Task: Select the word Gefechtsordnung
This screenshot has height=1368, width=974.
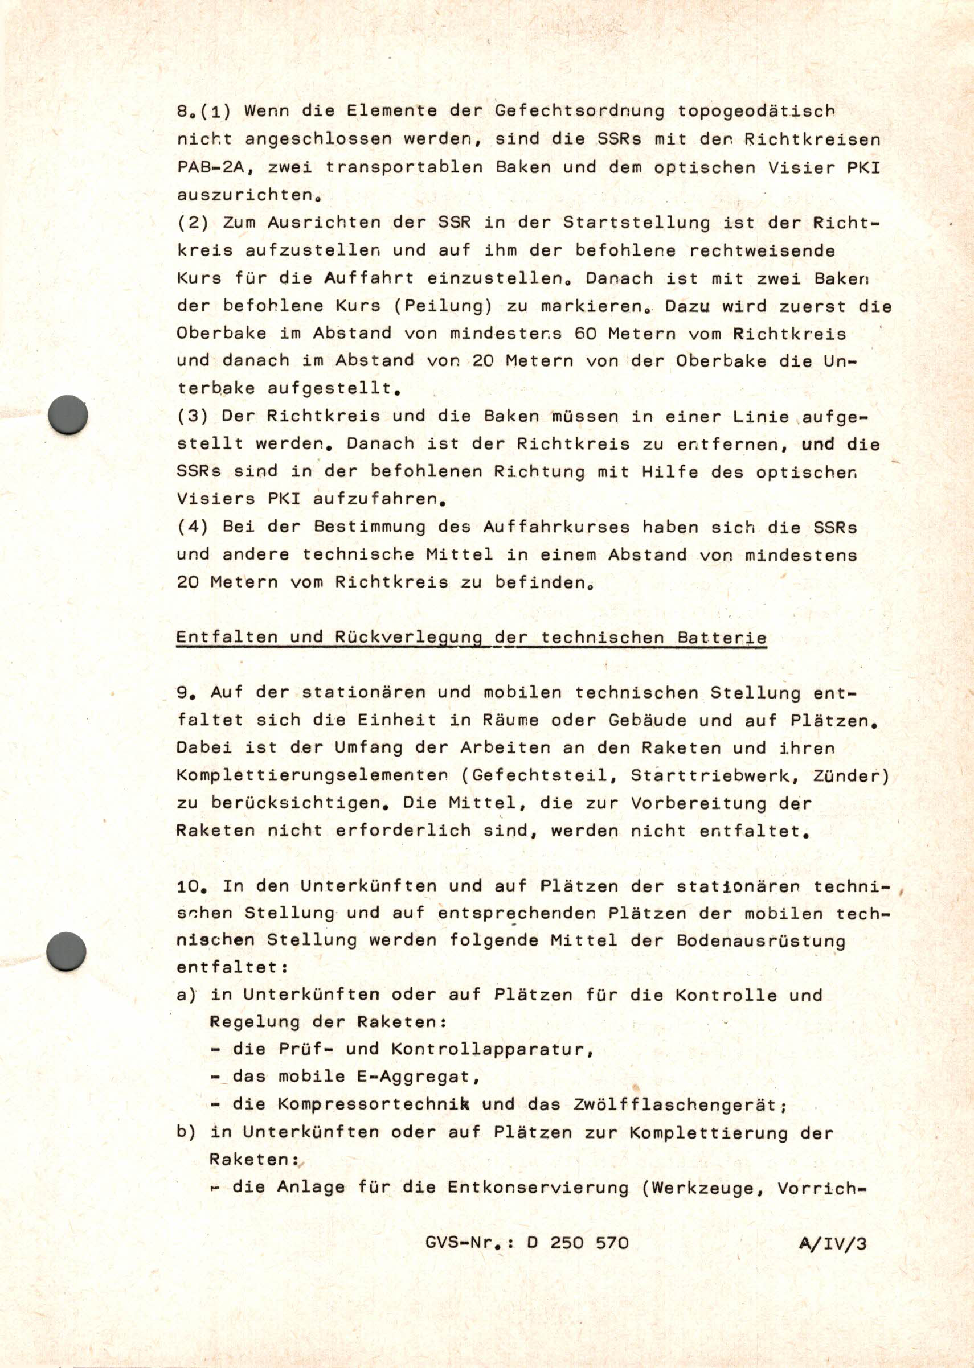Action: click(580, 112)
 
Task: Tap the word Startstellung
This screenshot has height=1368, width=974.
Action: click(636, 223)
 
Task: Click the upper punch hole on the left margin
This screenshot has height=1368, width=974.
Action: click(67, 414)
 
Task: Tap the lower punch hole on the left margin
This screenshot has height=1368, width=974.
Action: click(66, 951)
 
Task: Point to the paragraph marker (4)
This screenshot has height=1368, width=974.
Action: click(193, 527)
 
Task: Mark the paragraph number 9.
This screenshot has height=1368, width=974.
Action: click(184, 693)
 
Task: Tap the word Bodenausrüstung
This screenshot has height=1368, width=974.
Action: click(760, 940)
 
